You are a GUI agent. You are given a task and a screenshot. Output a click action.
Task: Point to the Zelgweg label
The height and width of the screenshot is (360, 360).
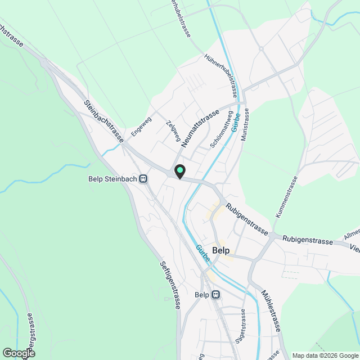coord(173,130)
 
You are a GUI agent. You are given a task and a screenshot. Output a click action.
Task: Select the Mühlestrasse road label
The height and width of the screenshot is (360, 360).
coord(272,309)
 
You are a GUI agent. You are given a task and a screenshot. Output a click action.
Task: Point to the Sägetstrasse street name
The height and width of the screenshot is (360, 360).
coord(241,326)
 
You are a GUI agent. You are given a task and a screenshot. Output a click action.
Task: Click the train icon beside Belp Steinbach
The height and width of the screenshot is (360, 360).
coord(143,179)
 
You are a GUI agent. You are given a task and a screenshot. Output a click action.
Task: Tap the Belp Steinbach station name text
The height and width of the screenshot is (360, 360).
coord(113,179)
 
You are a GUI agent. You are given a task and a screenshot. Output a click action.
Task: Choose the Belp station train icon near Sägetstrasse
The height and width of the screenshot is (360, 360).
coord(216,294)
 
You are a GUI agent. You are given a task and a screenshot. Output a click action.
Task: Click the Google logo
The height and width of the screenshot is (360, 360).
coord(18,353)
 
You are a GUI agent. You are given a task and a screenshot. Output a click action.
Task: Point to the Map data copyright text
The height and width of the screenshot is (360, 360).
coord(325,355)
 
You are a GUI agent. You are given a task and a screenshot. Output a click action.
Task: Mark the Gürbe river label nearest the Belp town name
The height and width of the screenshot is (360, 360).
coord(203,253)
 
